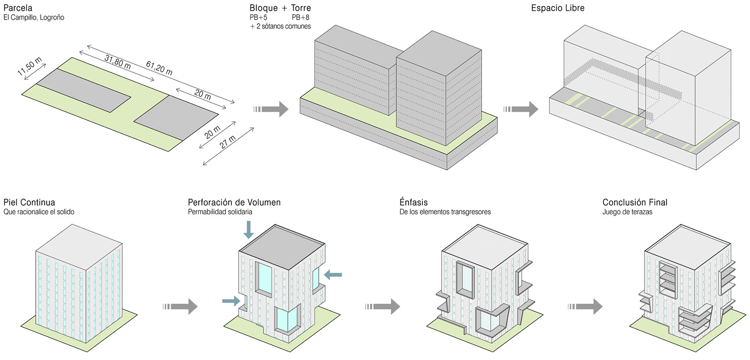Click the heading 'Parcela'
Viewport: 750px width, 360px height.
coord(18,7)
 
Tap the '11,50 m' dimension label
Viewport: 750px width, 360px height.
coord(30,66)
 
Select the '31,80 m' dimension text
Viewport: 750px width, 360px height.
coord(118,61)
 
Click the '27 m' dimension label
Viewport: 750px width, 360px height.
coord(228,141)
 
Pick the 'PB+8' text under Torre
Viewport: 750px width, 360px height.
coord(300,17)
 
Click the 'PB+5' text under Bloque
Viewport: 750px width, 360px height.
coord(258,17)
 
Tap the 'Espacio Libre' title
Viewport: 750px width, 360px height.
coord(558,8)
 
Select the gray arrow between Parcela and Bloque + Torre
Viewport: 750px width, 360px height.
coord(271,109)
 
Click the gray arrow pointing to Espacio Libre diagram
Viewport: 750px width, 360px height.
coord(521,109)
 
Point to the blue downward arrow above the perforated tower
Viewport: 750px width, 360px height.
coord(248,230)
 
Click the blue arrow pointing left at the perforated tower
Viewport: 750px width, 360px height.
coord(333,275)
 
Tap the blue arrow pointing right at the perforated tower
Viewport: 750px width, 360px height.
coord(232,301)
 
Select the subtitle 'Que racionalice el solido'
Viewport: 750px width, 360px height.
coord(39,212)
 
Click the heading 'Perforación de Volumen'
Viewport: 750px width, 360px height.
coord(234,202)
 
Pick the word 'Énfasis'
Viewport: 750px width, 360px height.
coord(413,202)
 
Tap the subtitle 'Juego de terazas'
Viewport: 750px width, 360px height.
coord(628,212)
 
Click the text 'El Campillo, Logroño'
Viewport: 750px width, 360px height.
coord(34,17)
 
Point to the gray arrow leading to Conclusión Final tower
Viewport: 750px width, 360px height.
coord(585,307)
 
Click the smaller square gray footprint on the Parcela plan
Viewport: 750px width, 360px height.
coord(176,117)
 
